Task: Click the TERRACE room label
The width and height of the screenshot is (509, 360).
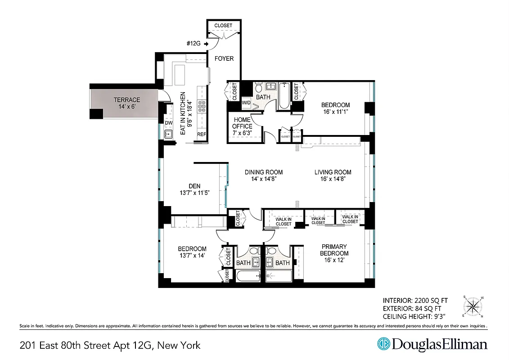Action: coord(126,100)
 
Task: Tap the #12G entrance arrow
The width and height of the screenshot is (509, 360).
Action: coord(206,44)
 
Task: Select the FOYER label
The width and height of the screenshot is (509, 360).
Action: coord(224,58)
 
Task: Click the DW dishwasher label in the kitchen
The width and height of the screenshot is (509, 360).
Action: coord(169,123)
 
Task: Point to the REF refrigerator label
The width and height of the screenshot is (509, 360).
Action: coord(201,135)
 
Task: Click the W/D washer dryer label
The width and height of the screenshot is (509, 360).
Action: coord(246,102)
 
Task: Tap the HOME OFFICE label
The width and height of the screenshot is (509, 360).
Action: coord(242,123)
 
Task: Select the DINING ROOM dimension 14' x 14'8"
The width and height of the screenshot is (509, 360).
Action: coord(264,179)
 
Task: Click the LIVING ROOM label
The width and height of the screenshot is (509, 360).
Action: coord(333,172)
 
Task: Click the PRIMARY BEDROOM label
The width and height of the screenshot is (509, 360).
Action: coord(334,250)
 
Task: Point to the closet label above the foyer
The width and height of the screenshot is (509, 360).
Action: coord(223,26)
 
